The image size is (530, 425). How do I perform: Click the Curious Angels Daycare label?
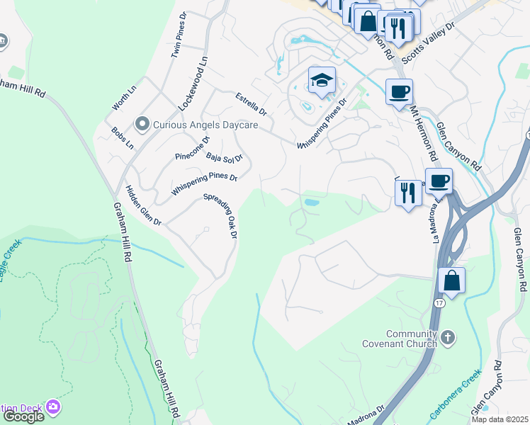click(201, 125)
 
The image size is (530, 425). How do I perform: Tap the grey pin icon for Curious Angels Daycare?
click(142, 125)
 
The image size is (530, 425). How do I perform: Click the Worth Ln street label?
click(123, 98)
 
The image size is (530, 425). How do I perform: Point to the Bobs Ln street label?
click(123, 138)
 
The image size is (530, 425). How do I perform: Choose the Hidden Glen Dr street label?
click(143, 205)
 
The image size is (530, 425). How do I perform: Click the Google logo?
click(23, 416)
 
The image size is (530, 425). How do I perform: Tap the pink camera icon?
click(52, 407)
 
